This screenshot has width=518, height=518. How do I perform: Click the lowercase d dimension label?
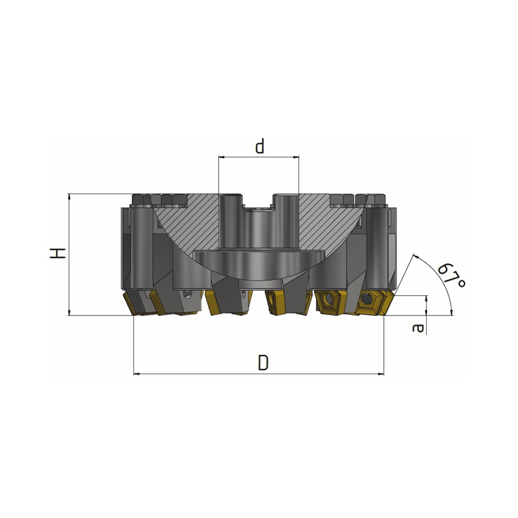point(260,146)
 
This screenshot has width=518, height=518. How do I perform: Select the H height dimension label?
point(58,253)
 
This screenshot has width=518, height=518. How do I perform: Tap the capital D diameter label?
point(264,363)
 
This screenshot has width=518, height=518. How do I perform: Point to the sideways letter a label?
point(418,328)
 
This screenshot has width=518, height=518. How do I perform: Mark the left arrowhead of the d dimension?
point(221,157)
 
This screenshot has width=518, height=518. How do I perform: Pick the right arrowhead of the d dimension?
point(297,157)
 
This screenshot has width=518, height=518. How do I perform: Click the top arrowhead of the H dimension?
point(69,196)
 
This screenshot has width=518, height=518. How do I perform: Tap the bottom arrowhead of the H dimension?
point(69,313)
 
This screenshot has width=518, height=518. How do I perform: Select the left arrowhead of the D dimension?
point(137,374)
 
